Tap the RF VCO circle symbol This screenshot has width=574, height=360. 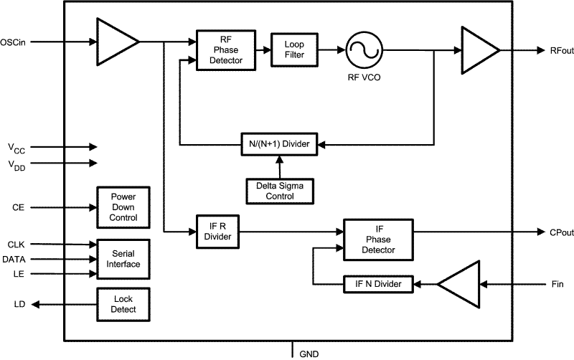point(363,50)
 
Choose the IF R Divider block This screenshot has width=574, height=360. point(217,231)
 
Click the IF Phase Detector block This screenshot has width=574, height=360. point(378,240)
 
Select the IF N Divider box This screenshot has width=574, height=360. point(378,285)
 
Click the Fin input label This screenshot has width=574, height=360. point(558,285)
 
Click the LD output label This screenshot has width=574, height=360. point(19,304)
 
